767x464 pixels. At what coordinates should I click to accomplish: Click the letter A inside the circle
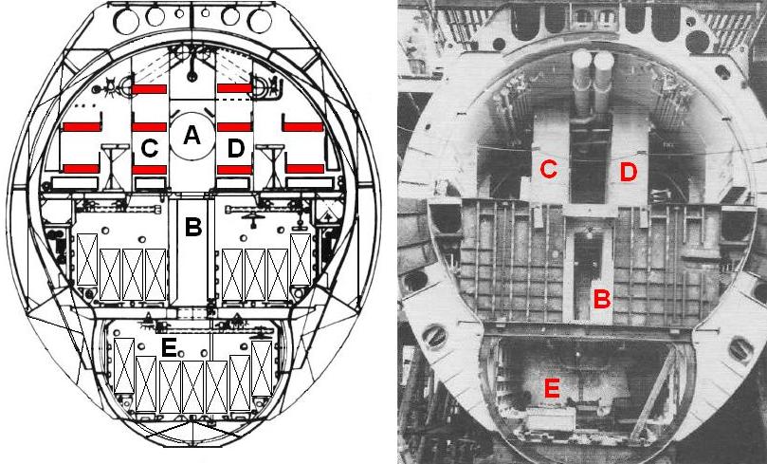(x=192, y=137)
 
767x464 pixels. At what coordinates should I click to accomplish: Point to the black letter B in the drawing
(x=192, y=228)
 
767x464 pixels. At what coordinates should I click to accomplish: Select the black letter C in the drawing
(x=149, y=148)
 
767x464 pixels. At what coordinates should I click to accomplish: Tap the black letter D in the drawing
(x=236, y=148)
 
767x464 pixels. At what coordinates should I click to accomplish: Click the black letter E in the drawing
(x=169, y=348)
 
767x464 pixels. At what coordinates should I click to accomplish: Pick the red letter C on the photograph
(x=547, y=169)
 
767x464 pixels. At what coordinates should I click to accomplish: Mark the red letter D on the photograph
(x=627, y=172)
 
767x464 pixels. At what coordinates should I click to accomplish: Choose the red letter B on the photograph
(x=600, y=298)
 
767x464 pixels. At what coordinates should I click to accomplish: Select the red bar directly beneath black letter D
(x=234, y=169)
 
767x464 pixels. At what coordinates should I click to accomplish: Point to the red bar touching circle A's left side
(x=148, y=126)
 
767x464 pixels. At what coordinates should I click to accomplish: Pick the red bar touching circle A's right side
(x=234, y=126)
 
